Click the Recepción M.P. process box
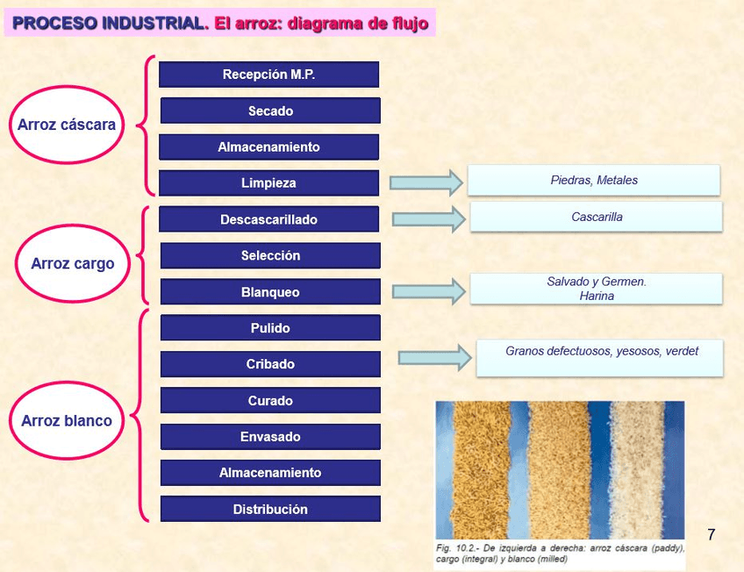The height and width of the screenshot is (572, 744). tap(268, 75)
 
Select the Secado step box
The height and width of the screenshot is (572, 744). tap(270, 111)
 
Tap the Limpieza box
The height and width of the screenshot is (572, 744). tap(268, 183)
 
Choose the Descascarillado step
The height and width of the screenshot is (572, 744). tap(268, 219)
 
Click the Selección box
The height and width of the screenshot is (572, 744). tap(270, 256)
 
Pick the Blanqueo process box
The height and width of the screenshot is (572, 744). tap(270, 292)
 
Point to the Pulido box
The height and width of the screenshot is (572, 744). tap(270, 328)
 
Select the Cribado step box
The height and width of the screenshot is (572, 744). tap(270, 364)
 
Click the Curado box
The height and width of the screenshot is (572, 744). tap(270, 401)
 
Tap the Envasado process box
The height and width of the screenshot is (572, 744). tap(270, 437)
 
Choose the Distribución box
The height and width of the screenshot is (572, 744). tap(270, 509)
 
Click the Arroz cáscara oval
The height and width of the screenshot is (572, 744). tap(67, 125)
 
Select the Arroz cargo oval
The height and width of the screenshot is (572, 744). tap(73, 263)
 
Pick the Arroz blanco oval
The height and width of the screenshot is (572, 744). tap(67, 421)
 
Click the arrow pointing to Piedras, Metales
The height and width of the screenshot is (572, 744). tap(426, 182)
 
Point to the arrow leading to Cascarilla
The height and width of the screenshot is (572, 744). tap(428, 219)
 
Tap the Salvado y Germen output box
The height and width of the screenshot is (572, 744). tap(596, 289)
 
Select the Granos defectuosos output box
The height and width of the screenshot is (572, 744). tap(600, 358)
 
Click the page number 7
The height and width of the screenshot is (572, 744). tap(711, 534)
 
